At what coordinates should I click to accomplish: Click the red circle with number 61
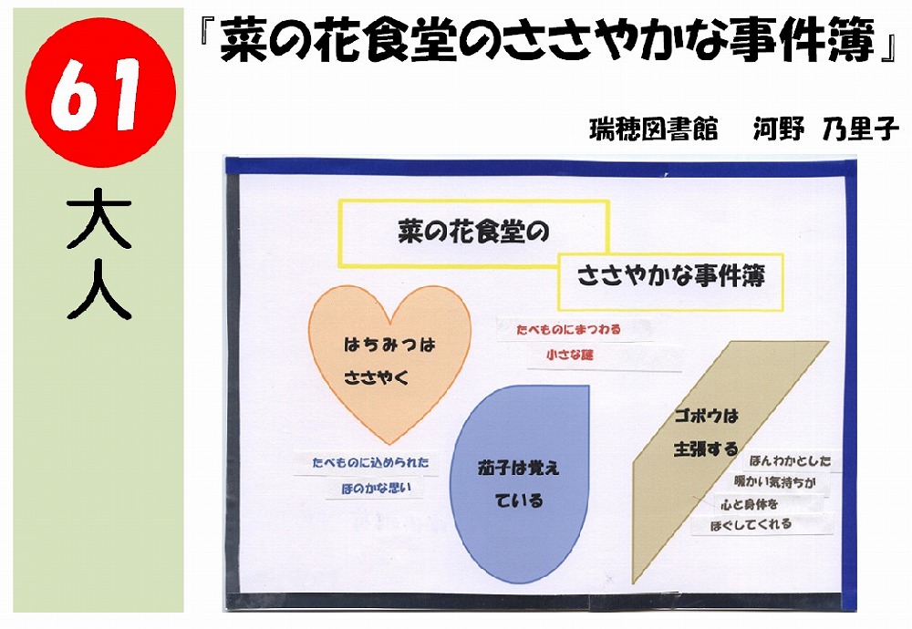pyautogui.click(x=100, y=92)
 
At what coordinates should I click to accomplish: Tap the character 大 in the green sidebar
pyautogui.click(x=98, y=219)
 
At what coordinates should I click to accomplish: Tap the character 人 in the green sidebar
pyautogui.click(x=98, y=289)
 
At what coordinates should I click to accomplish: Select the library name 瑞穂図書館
pyautogui.click(x=653, y=129)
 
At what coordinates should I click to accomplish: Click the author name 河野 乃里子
pyautogui.click(x=826, y=129)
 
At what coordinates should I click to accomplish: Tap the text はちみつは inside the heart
pyautogui.click(x=389, y=345)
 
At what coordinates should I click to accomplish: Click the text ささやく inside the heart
pyautogui.click(x=377, y=378)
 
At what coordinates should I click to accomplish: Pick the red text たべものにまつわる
pyautogui.click(x=569, y=330)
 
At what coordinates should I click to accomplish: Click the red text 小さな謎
pyautogui.click(x=569, y=355)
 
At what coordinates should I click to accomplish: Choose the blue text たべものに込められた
pyautogui.click(x=370, y=463)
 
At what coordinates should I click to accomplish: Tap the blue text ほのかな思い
pyautogui.click(x=377, y=489)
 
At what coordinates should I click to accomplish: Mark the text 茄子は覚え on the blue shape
pyautogui.click(x=518, y=468)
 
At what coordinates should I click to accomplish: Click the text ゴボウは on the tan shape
pyautogui.click(x=706, y=416)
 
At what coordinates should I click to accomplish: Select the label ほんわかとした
pyautogui.click(x=791, y=461)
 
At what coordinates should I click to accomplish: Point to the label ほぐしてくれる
pyautogui.click(x=751, y=525)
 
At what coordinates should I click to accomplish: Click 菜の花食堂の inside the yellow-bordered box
pyautogui.click(x=473, y=232)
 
